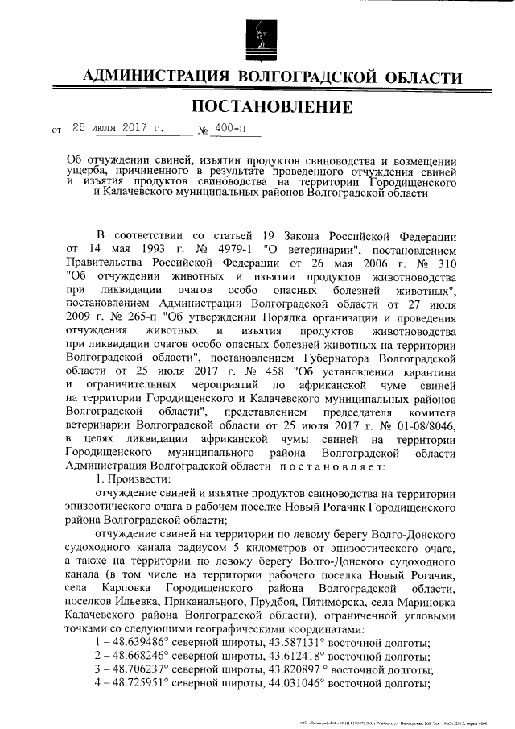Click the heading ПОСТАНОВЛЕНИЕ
257,106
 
